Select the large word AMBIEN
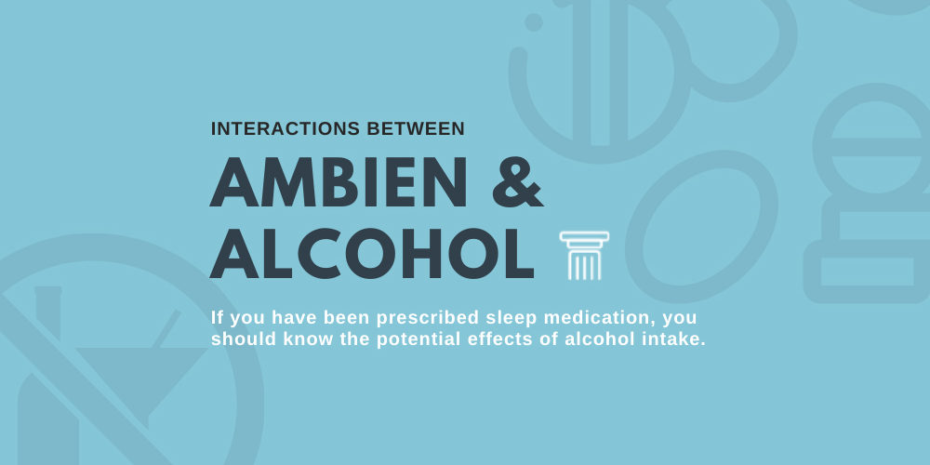coord(339,183)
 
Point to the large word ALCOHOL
coord(372,253)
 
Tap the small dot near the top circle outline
coord(534,21)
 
